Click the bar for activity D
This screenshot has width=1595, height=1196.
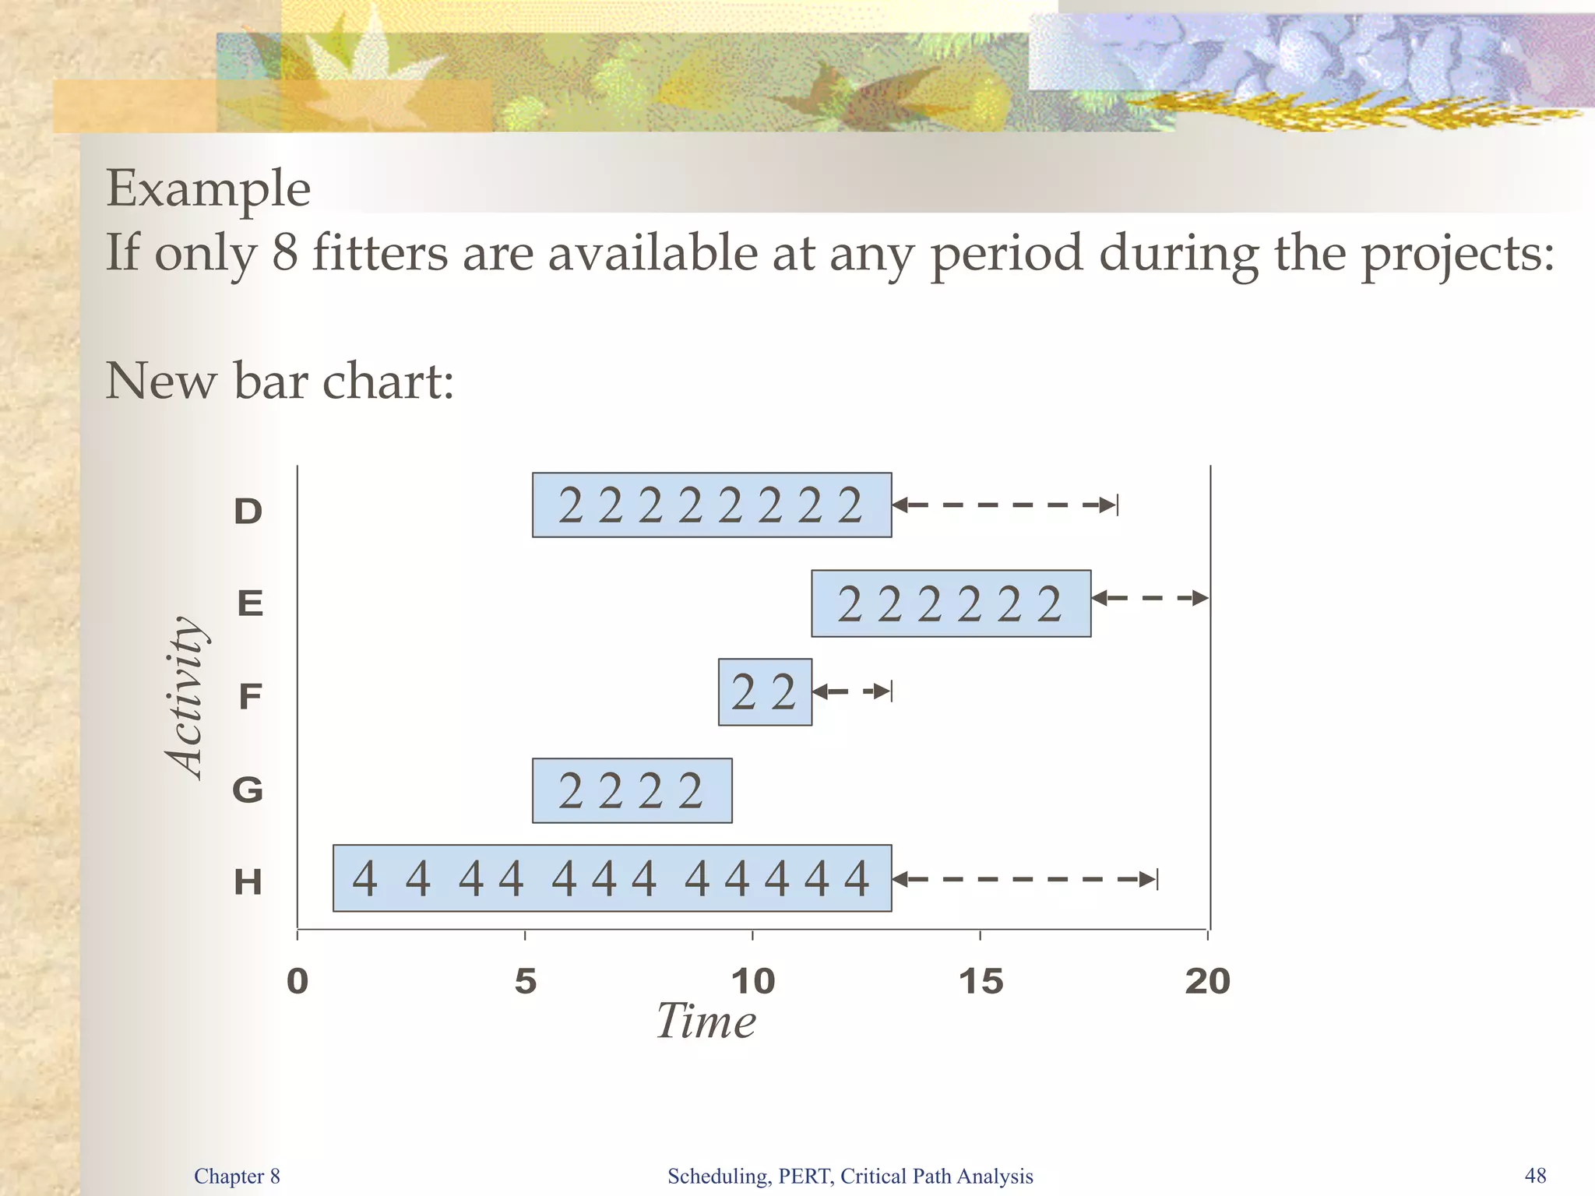click(711, 505)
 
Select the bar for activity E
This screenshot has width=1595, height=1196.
click(951, 603)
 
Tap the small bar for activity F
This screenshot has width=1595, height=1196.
click(765, 692)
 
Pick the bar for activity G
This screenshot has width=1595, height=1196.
click(632, 790)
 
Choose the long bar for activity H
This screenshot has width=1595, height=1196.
click(612, 878)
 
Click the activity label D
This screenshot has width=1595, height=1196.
click(248, 512)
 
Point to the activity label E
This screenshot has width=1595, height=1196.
click(250, 603)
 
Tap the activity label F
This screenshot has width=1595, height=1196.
click(249, 696)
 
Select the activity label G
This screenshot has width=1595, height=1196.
click(248, 790)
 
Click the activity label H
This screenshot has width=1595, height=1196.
click(248, 883)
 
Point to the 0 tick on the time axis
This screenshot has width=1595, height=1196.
click(298, 981)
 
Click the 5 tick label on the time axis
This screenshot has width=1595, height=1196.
click(526, 981)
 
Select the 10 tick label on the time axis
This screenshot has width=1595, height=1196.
click(753, 981)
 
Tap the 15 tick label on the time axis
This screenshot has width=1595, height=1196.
click(981, 981)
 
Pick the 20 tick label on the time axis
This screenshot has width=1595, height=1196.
click(1208, 981)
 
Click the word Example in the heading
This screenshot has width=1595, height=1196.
click(208, 189)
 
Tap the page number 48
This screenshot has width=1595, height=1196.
click(1535, 1176)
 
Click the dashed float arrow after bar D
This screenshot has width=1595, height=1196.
click(1005, 505)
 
